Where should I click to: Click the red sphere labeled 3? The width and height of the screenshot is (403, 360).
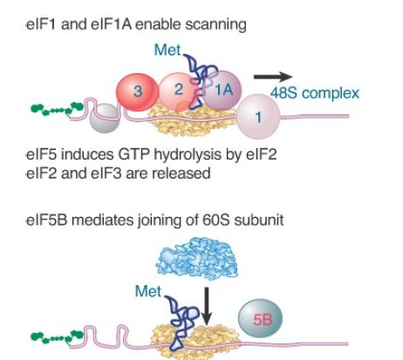(x=137, y=92)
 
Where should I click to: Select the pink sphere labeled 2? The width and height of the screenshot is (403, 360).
(x=178, y=91)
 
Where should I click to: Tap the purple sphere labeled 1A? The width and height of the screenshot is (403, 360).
(x=222, y=90)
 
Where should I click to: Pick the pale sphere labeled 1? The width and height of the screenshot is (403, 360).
(x=258, y=117)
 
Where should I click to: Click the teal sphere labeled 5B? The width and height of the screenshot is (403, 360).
(x=260, y=319)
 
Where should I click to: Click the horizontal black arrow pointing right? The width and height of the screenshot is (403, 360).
(x=273, y=77)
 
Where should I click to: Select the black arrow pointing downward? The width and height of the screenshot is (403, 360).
(x=206, y=306)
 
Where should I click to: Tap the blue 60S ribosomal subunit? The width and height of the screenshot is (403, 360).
(x=197, y=257)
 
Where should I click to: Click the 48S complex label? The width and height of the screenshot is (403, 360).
(x=315, y=93)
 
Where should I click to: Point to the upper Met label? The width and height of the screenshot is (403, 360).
(x=167, y=50)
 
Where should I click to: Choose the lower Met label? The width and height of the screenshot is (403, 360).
(x=148, y=291)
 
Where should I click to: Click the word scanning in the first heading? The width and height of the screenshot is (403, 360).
(x=215, y=24)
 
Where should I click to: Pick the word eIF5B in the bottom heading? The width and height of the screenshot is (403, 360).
(x=46, y=220)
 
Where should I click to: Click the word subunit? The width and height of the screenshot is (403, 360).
(x=259, y=220)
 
